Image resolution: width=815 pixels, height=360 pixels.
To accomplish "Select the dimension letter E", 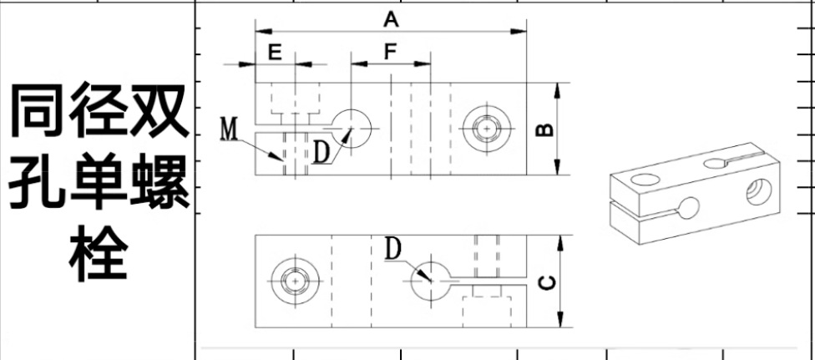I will point(275,51).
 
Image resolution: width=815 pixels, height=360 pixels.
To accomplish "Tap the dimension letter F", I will point(390,51).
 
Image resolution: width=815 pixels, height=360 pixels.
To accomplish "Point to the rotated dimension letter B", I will point(542,129).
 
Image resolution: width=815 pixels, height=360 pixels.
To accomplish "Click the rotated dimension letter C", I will point(544,282).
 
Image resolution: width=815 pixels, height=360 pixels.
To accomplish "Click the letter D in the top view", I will point(322,152).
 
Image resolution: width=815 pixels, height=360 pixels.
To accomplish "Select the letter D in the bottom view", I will point(394,249).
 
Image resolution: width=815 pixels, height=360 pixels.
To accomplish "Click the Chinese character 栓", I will point(99,252).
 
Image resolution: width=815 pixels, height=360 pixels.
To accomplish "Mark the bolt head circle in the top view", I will point(486,129).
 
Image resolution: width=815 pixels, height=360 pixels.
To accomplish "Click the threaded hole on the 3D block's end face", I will point(757,190).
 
